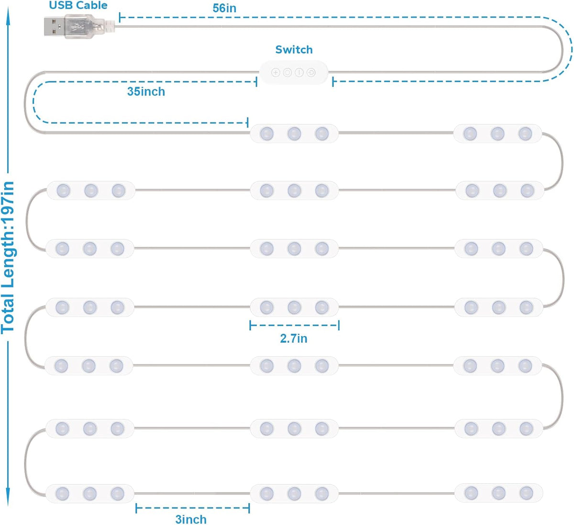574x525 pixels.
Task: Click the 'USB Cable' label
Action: pyautogui.click(x=78, y=5)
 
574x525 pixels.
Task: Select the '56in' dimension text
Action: pyautogui.click(x=224, y=8)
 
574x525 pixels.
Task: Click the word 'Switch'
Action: pyautogui.click(x=294, y=50)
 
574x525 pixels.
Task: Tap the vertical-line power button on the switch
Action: pyautogui.click(x=299, y=72)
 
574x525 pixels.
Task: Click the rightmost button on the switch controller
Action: pyautogui.click(x=311, y=72)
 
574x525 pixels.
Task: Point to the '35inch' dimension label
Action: pyautogui.click(x=146, y=91)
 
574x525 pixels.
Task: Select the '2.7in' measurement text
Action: pyautogui.click(x=294, y=339)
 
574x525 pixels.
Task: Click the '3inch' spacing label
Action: pyautogui.click(x=191, y=519)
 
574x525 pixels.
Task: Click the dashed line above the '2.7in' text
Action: pyautogui.click(x=295, y=325)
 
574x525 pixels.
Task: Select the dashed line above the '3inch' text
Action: pyautogui.click(x=193, y=508)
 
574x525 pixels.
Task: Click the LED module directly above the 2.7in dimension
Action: pyautogui.click(x=294, y=307)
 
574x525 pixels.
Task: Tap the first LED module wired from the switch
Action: pyautogui.click(x=294, y=133)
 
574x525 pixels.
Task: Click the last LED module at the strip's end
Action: pyautogui.click(x=498, y=493)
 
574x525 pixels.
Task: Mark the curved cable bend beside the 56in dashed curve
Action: pyautogui.click(x=562, y=49)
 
